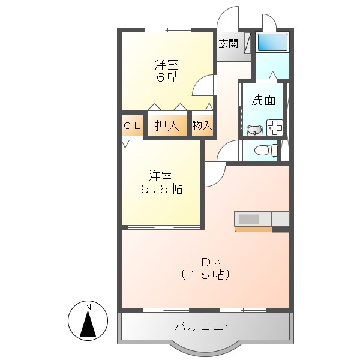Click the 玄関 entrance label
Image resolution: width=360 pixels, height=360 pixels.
click(x=228, y=43)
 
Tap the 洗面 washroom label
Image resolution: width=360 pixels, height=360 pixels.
click(x=263, y=100)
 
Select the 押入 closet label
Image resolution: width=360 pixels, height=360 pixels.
click(x=167, y=125)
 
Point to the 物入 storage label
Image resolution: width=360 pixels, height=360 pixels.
click(x=202, y=125)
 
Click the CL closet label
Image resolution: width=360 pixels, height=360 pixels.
click(x=132, y=125)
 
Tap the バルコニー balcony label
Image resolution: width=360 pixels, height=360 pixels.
click(x=205, y=326)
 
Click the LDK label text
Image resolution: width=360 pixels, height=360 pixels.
click(x=206, y=262)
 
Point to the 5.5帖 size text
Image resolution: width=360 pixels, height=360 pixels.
click(x=161, y=189)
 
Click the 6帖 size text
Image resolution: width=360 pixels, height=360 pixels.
click(x=167, y=77)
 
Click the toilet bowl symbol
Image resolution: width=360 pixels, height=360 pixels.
click(x=262, y=150)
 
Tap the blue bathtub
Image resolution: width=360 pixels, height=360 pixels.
click(x=272, y=43)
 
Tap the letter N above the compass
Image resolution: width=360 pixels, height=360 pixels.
click(x=88, y=308)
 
